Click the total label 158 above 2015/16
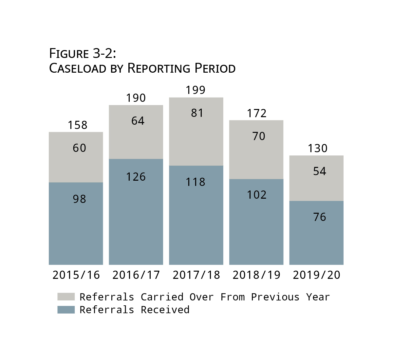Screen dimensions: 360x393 (78, 125)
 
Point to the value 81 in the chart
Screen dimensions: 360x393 (197, 113)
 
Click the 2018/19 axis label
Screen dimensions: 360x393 (256, 275)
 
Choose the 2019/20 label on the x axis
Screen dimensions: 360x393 (316, 275)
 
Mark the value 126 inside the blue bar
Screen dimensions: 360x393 (136, 177)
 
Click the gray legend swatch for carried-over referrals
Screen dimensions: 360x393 (66, 297)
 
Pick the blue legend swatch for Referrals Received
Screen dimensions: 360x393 (66, 310)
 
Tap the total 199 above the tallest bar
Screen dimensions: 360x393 (196, 90)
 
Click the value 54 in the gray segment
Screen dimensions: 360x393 (320, 171)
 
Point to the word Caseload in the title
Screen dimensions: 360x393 (78, 68)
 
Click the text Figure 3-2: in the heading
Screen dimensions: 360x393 (83, 53)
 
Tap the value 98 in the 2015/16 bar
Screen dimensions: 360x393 (79, 199)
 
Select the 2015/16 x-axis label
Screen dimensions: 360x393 (76, 275)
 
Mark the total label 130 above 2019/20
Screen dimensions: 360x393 (317, 148)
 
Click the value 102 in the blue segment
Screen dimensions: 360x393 (256, 195)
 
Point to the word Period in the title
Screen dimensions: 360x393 (215, 68)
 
